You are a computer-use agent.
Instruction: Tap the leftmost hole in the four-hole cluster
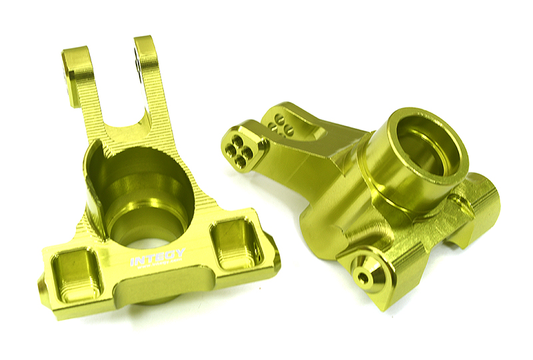pos(231,147)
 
